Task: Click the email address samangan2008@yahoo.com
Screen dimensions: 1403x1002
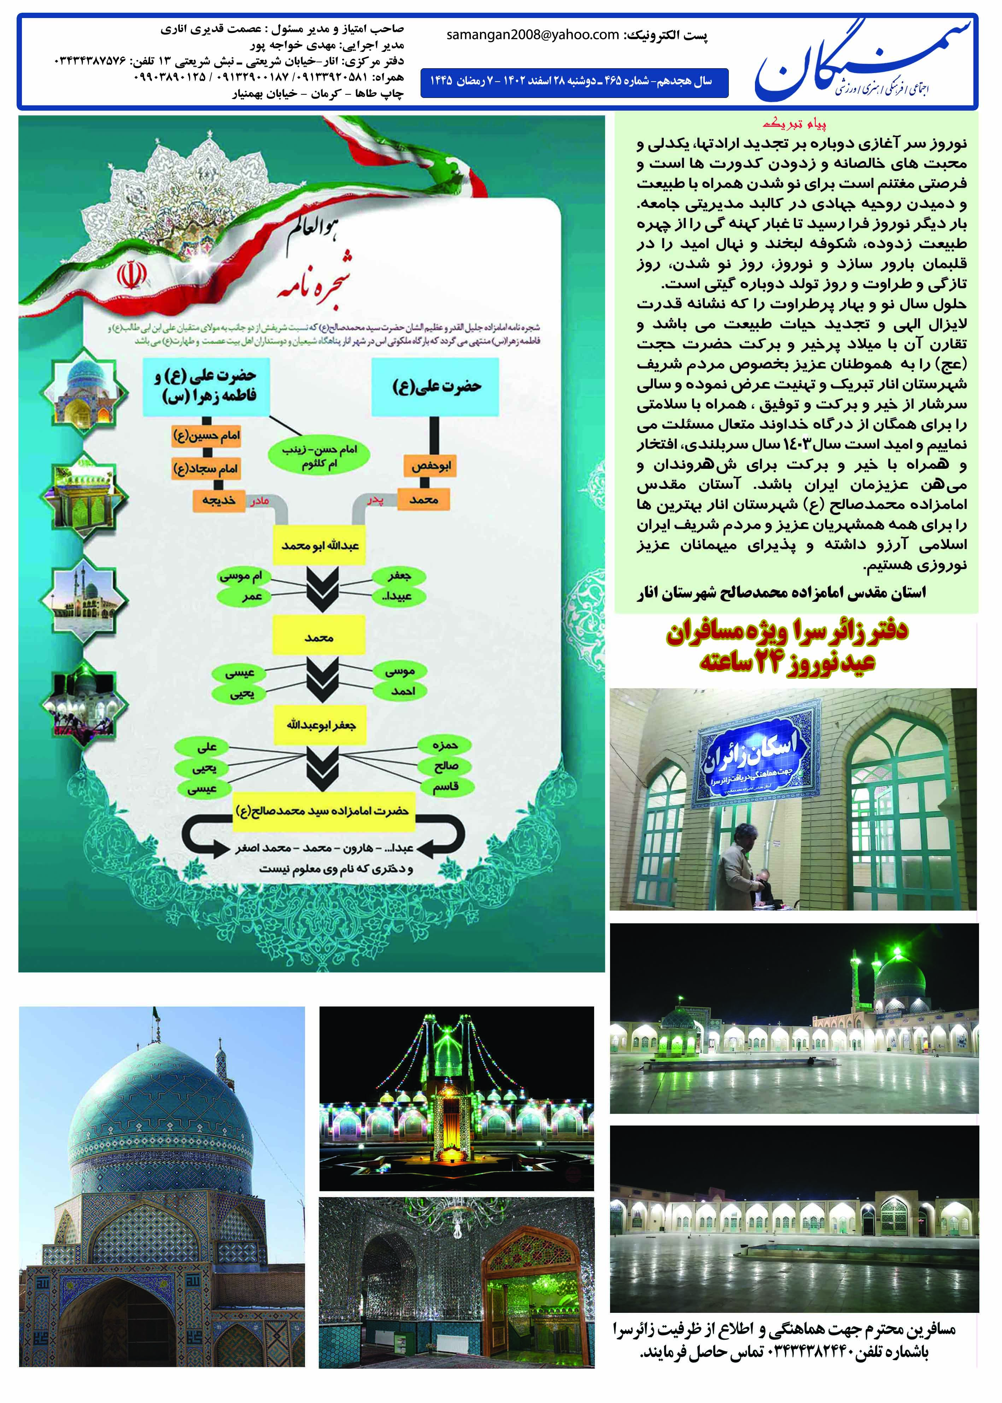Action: [x=533, y=35]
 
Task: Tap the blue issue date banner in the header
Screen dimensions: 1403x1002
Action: [x=574, y=82]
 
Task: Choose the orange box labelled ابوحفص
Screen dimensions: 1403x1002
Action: [x=431, y=467]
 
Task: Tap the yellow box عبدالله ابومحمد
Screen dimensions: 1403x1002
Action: [x=320, y=545]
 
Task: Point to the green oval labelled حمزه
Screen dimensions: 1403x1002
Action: [x=445, y=745]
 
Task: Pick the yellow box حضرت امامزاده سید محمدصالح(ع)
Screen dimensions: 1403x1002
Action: [x=322, y=810]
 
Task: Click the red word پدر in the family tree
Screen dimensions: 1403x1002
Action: [x=375, y=501]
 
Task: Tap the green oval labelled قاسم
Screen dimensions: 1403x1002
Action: [x=445, y=787]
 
